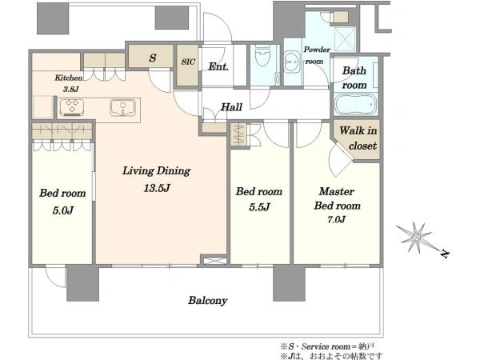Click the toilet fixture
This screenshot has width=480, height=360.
262,56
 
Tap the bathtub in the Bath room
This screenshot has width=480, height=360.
355,104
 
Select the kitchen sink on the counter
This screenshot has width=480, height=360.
122,107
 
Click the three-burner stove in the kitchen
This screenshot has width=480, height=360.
72,107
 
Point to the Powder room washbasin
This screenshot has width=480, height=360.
290,62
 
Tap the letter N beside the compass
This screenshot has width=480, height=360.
445,254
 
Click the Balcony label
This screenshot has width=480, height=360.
207,301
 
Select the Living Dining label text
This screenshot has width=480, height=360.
157,171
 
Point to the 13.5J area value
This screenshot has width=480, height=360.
157,188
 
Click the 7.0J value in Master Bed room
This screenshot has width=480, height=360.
336,219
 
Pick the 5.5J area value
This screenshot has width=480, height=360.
259,207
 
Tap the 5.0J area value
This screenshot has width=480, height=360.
62,210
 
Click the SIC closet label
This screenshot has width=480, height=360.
188,62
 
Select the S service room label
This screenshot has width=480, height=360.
153,58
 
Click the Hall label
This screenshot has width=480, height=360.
231,107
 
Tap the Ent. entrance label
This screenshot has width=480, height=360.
218,66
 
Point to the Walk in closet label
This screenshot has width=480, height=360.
358,138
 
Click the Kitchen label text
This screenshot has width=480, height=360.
69,78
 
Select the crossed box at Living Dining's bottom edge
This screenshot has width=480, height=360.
214,261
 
